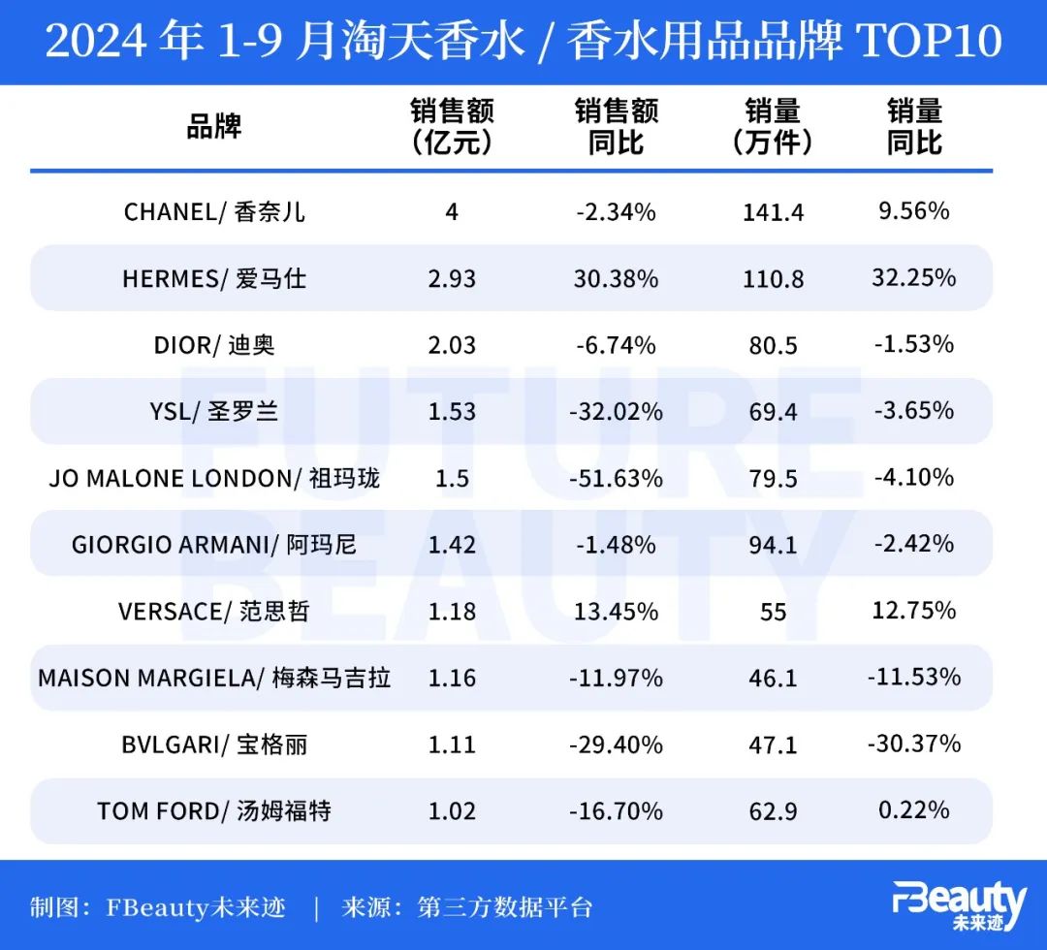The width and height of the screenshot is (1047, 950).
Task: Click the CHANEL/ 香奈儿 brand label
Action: click(x=214, y=211)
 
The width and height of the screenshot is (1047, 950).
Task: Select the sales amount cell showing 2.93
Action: click(x=452, y=278)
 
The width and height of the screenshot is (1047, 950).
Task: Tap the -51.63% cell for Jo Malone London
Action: click(x=616, y=478)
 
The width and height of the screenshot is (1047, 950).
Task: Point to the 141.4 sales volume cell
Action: click(x=773, y=212)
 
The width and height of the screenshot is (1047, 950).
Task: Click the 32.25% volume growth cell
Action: click(x=914, y=277)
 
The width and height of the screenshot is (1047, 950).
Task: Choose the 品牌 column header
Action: click(x=214, y=127)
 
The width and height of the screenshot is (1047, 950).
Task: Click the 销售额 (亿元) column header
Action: click(x=452, y=127)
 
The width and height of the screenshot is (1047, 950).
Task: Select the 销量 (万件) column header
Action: click(x=773, y=127)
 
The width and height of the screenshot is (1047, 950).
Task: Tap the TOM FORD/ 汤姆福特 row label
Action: click(x=214, y=810)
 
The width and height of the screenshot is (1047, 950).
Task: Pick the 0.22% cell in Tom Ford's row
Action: click(x=914, y=809)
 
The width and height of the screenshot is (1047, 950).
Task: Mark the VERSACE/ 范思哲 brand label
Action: click(x=214, y=611)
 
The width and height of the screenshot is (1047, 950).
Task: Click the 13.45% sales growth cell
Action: click(x=616, y=612)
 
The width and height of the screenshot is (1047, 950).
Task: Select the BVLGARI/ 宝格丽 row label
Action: click(x=214, y=744)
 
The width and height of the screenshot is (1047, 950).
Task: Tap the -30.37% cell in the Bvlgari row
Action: click(x=914, y=744)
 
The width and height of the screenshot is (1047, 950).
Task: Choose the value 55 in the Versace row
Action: click(x=773, y=612)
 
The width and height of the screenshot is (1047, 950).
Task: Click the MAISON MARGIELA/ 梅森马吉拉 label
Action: click(x=214, y=678)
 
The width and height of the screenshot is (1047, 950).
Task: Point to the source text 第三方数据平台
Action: click(x=504, y=908)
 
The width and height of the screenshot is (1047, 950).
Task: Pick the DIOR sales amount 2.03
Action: click(x=452, y=345)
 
